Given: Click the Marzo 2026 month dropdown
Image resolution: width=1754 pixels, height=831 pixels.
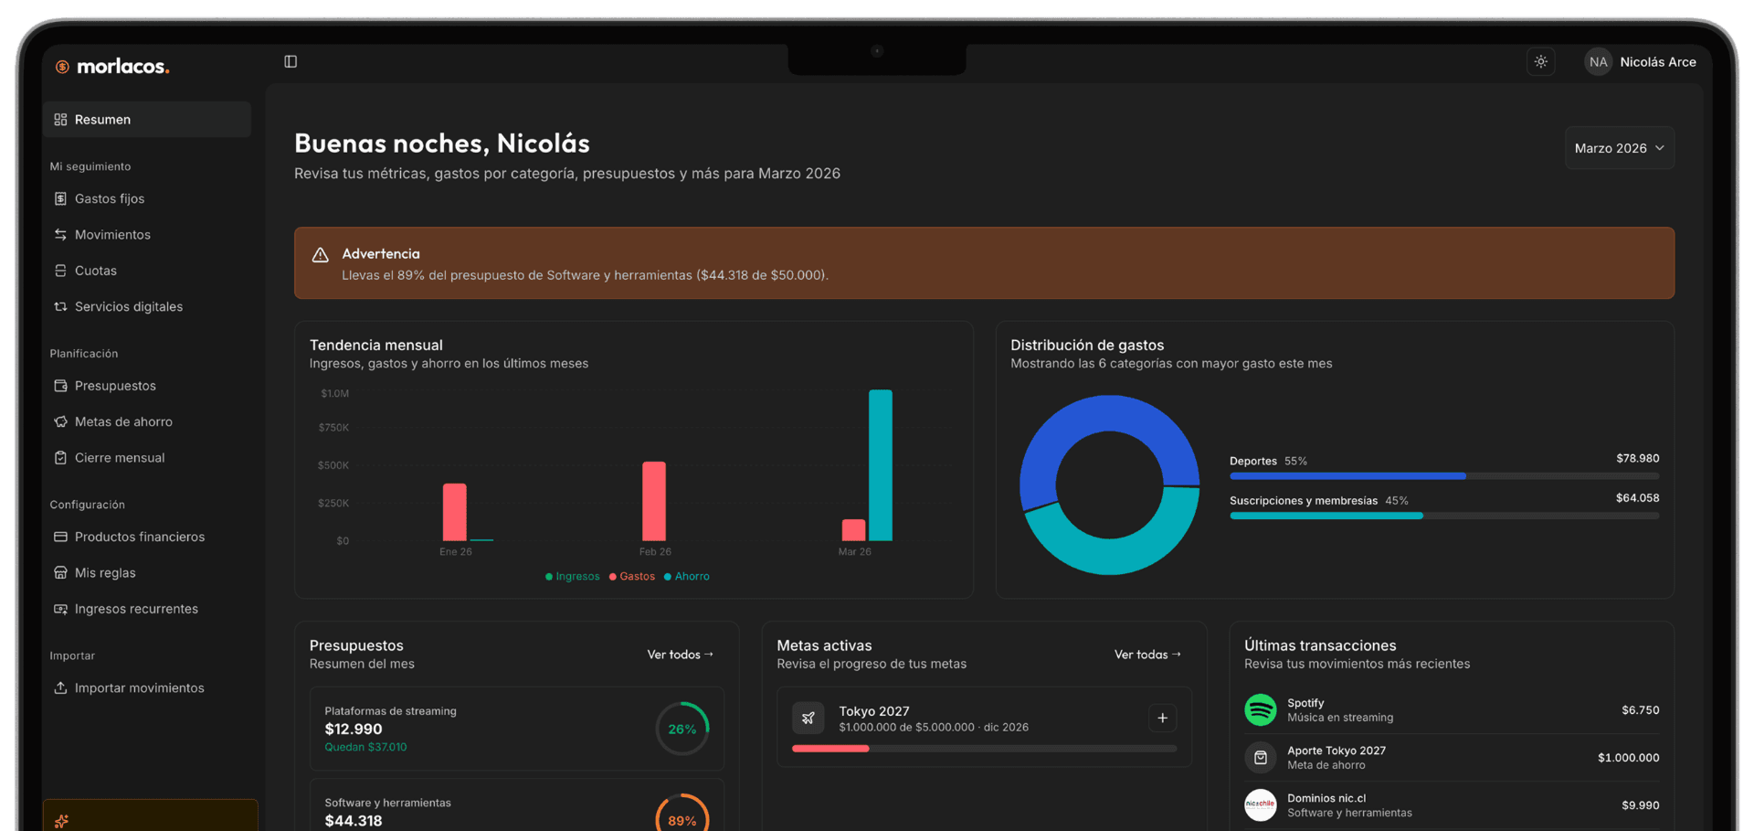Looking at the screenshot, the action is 1619,148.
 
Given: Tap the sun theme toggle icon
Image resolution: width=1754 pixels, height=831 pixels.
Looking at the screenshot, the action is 1541,62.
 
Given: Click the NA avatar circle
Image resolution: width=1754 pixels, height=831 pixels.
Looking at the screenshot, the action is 1598,62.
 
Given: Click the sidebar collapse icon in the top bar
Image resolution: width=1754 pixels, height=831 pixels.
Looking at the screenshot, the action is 291,61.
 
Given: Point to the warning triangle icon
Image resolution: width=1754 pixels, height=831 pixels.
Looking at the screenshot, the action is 320,255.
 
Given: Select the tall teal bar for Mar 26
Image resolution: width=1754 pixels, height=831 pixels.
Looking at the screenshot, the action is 881,465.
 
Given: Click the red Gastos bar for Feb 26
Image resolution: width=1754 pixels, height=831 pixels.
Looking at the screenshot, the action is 654,501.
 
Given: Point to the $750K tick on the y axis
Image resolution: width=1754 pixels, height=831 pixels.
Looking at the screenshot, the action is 333,428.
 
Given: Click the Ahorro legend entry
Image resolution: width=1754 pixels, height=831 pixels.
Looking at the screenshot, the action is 687,576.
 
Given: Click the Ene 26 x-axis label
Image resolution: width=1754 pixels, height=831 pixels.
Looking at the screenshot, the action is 456,551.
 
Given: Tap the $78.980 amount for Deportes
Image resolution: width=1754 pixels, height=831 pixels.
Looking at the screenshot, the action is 1637,458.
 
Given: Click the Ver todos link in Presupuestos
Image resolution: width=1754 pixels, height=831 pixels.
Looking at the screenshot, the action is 681,655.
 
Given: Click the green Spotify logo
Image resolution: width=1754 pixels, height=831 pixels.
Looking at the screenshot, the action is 1261,709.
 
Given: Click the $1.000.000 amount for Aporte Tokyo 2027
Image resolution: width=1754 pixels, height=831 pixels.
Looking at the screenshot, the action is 1628,758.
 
